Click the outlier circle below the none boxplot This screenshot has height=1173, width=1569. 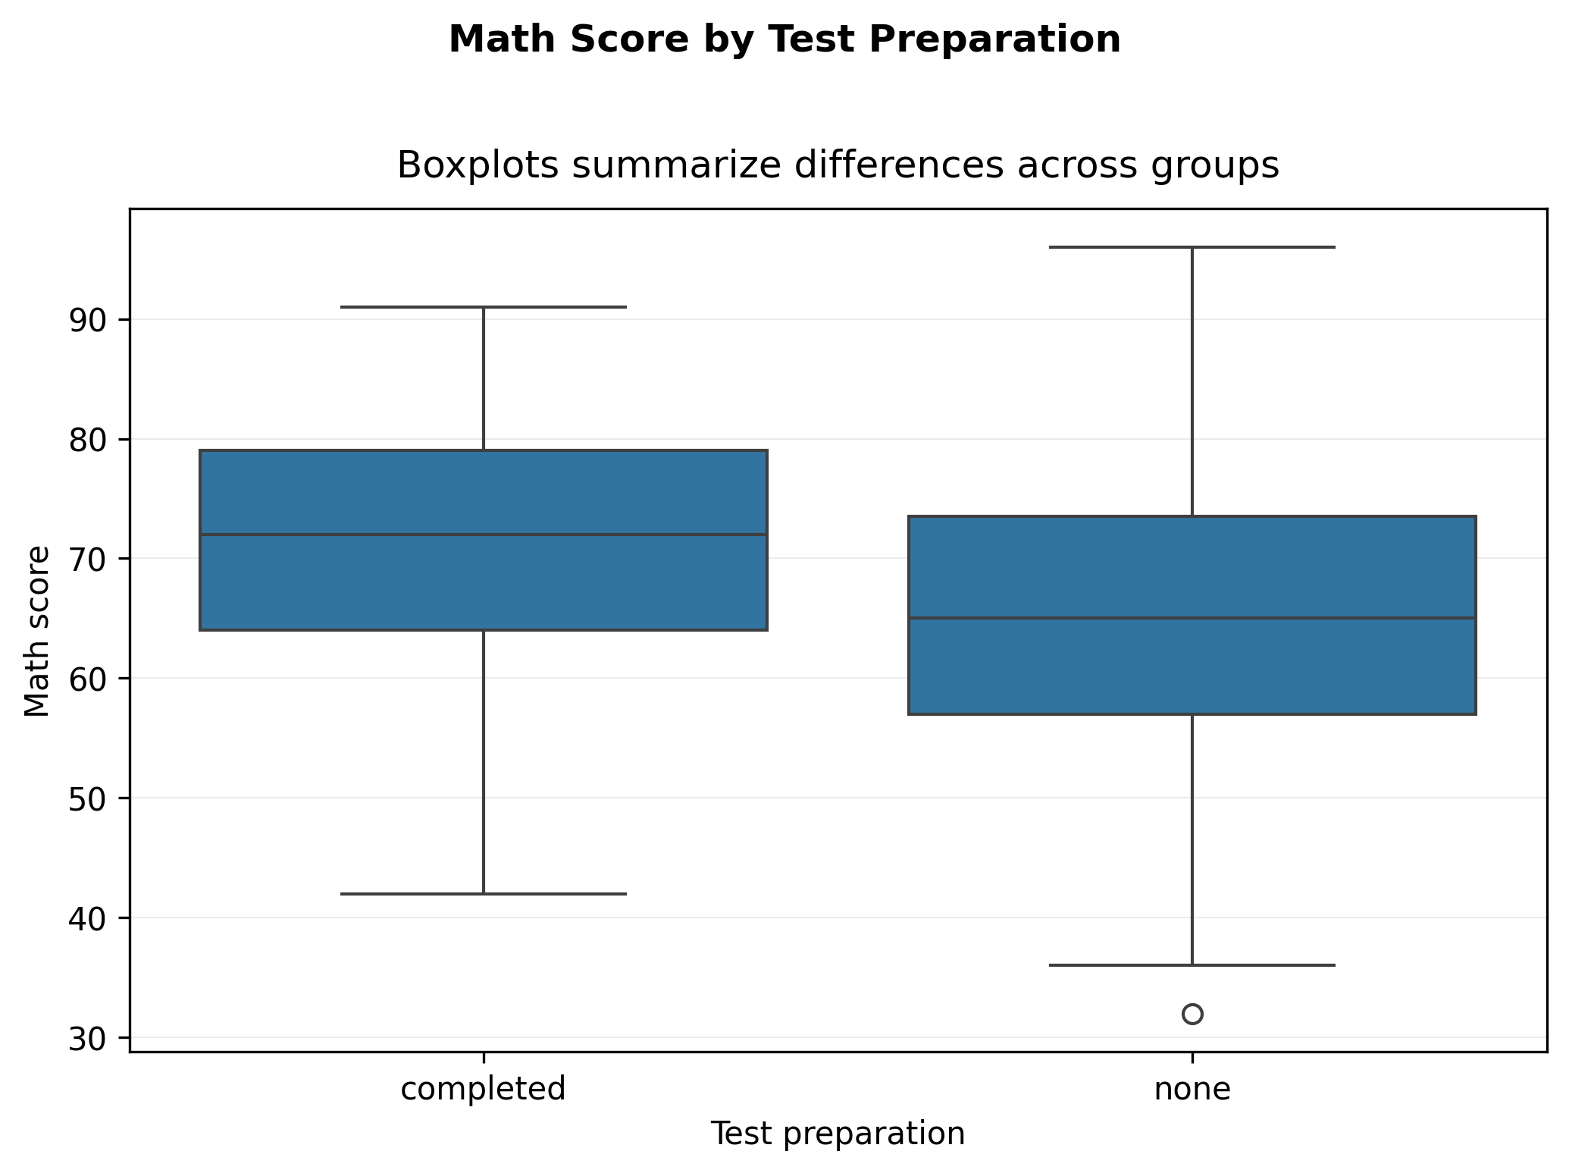coord(1192,1014)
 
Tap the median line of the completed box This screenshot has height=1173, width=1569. coord(484,535)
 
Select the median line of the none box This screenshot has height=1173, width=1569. coord(1192,618)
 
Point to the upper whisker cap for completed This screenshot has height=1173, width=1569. coord(484,307)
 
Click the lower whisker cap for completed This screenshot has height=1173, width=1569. coord(484,894)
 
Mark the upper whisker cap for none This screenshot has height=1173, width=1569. coord(1192,247)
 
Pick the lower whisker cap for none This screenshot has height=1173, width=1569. coord(1192,965)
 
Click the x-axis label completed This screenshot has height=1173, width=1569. coord(484,1090)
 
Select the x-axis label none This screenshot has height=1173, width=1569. coord(1192,1090)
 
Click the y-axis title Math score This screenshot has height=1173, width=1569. coord(37,631)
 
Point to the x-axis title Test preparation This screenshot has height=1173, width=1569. coord(838,1134)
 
